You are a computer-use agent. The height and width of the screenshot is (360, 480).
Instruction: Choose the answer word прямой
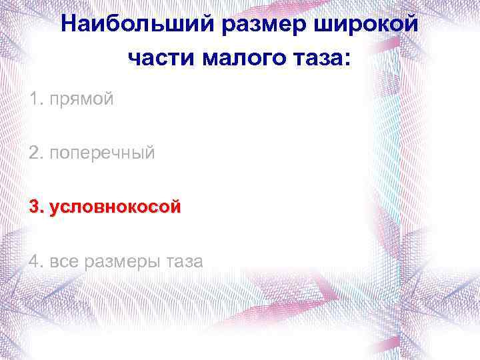pyautogui.click(x=82, y=100)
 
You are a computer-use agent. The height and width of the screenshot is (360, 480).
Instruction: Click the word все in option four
pyautogui.click(x=63, y=261)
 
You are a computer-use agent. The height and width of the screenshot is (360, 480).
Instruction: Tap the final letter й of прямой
pyautogui.click(x=109, y=100)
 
